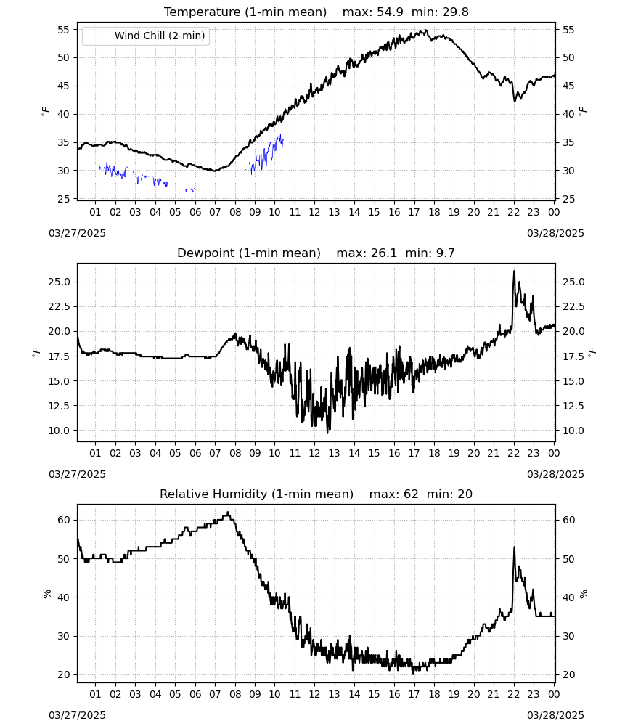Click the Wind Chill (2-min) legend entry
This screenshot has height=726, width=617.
point(146,36)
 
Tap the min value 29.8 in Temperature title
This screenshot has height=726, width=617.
point(455,12)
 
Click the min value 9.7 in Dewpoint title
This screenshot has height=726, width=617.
point(446,253)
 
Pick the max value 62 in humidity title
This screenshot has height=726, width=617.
point(411,494)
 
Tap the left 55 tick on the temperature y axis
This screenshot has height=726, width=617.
point(63,30)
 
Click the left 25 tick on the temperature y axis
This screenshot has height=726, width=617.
point(63,199)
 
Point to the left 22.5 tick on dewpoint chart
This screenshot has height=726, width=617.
point(59,306)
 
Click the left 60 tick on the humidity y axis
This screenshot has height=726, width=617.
point(63,520)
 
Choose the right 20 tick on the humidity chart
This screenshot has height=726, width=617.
point(568,674)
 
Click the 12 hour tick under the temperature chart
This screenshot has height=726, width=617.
point(315,212)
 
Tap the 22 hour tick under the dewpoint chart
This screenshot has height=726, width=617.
point(514,453)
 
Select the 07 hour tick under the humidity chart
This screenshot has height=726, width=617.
point(215,694)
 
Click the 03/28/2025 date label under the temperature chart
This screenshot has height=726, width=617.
point(555,233)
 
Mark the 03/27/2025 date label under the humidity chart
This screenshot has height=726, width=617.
point(77,715)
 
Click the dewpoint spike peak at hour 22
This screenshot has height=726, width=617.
point(514,272)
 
